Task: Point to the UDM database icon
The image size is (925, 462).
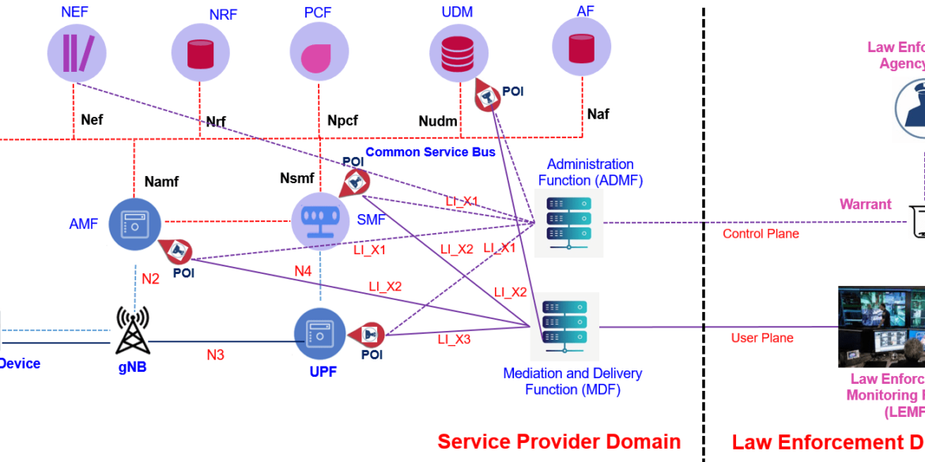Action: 459,52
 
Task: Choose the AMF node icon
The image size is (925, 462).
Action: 134,224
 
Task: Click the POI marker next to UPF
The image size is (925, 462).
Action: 369,335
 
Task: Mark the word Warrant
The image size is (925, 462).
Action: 865,205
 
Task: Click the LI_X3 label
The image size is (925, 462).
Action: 454,340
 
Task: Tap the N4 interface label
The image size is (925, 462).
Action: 303,272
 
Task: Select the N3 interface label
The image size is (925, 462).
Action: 215,355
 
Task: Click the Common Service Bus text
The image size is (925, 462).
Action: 430,152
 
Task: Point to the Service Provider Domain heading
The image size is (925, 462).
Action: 559,441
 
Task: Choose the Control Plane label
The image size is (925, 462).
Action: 761,234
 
